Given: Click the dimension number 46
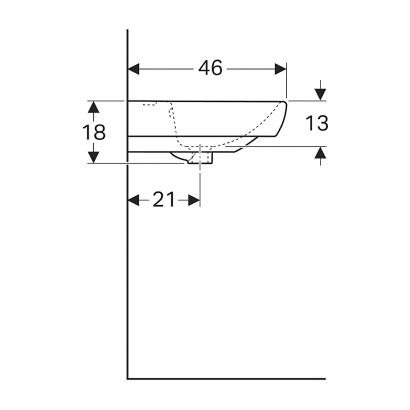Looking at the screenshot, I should point(210,69).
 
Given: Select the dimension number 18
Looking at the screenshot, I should point(93,132).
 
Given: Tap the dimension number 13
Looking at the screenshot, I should point(316,123).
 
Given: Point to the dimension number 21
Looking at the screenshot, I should point(164,200).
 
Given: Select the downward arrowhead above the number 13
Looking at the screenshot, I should point(320,94).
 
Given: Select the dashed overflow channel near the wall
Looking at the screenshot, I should point(173,120).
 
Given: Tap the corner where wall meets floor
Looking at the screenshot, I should point(128,378).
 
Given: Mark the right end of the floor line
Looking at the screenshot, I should point(324,378).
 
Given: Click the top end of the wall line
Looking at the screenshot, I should point(128,30).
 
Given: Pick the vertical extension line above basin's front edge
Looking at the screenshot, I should point(286,82).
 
